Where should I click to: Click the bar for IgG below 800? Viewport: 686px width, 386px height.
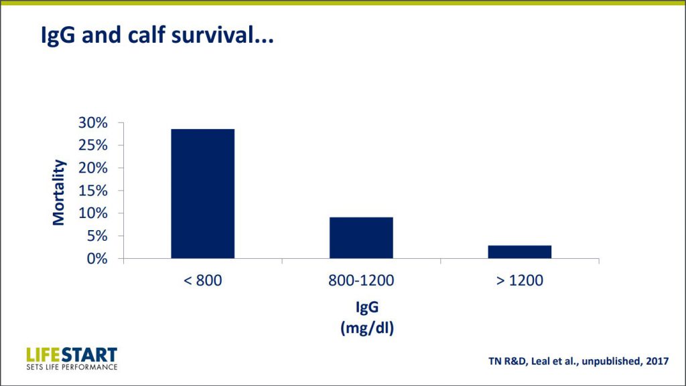coord(202,193)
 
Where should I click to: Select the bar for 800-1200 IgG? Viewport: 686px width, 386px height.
coord(361,237)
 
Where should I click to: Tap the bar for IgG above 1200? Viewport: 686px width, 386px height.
coord(520,252)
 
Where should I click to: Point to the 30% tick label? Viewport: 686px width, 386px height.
coord(93,122)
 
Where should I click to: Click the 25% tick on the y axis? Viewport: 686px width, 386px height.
coord(93,145)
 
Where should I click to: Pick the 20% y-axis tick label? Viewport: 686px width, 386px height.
coord(93,168)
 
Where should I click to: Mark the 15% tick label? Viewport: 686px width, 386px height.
coord(93,191)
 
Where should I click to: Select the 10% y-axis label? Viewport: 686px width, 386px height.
coord(93,213)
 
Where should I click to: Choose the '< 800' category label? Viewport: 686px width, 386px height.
coord(202,280)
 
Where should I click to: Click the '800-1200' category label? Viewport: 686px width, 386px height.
coord(361,280)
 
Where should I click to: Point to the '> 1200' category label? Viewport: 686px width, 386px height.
coord(520,280)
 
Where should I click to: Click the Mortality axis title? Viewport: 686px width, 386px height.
coord(59,192)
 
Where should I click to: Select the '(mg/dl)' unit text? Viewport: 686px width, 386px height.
coord(366,328)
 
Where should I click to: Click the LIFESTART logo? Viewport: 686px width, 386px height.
coord(72,357)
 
